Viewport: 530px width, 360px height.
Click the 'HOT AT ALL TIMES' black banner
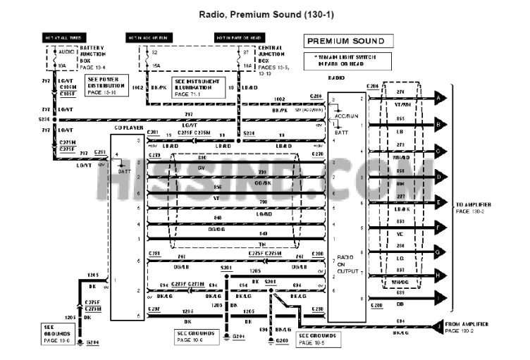click(x=67, y=37)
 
